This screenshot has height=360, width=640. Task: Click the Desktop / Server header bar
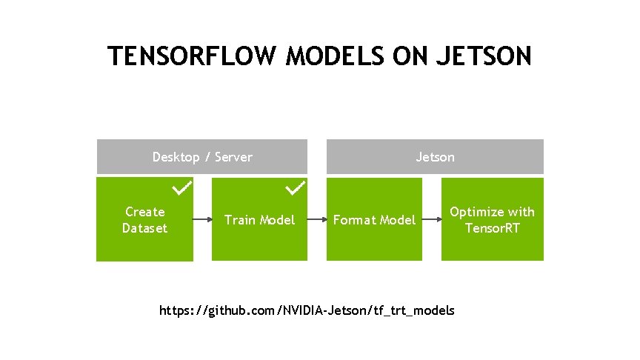[202, 157]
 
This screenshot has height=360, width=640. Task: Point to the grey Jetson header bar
[436, 157]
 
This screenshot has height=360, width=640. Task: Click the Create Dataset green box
[144, 220]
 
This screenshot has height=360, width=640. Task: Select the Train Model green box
[259, 220]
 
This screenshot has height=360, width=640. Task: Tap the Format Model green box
[374, 220]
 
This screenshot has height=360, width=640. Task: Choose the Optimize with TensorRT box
[492, 219]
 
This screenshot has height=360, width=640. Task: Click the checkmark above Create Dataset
[182, 188]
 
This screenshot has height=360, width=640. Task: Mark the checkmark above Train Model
[296, 188]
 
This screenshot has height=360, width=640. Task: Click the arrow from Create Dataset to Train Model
[202, 220]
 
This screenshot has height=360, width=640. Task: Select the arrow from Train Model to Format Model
[317, 220]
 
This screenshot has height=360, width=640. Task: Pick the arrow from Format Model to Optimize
[432, 220]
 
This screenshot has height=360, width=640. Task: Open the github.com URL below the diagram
[307, 310]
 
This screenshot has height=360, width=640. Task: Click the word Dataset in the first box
[144, 228]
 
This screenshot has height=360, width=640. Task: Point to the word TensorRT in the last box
[492, 227]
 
